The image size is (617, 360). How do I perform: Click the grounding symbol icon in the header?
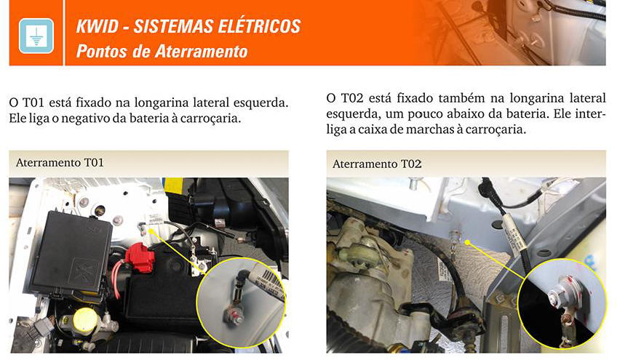pos(36,36)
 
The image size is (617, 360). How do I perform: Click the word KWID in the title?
pos(97,27)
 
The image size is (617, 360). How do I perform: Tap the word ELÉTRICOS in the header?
pos(259,26)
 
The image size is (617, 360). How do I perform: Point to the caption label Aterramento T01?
pos(60,162)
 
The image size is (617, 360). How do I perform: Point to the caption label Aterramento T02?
pos(377,164)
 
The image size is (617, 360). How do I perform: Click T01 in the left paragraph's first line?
pos(33,103)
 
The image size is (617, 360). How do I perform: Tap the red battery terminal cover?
pos(140,257)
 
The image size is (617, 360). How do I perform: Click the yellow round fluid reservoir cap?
pos(85,319)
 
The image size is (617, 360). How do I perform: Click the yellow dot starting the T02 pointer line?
pos(467,242)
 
